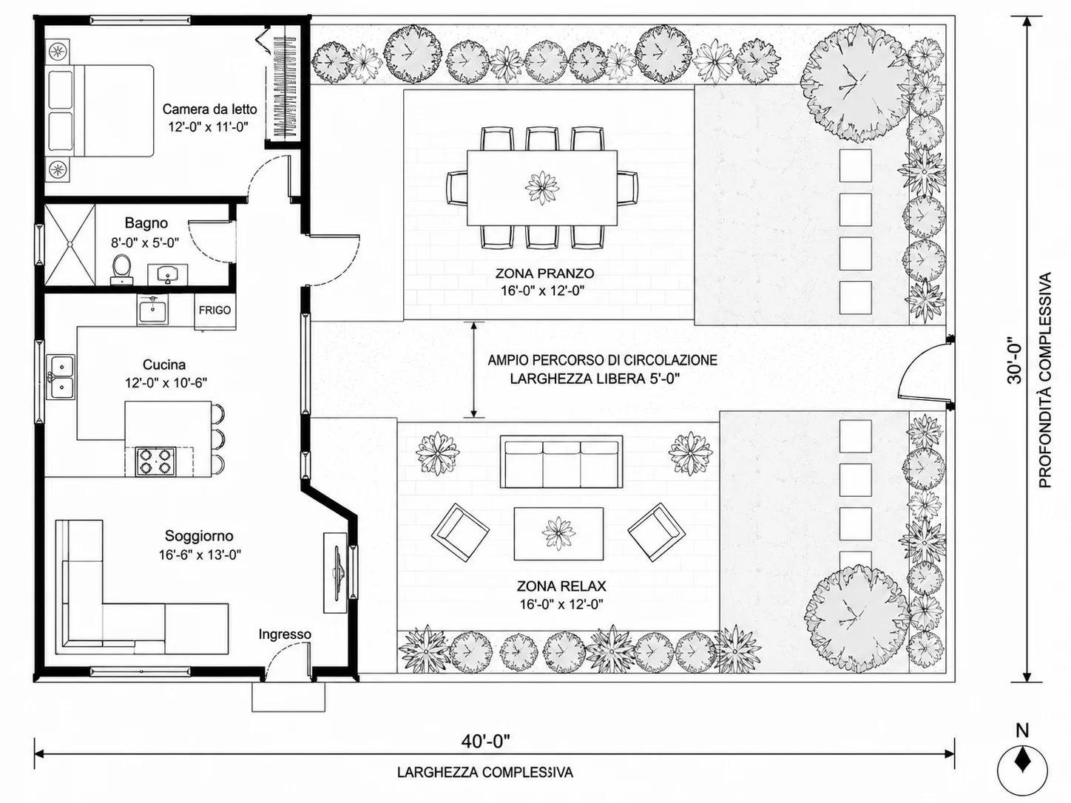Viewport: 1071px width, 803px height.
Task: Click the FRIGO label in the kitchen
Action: [214, 311]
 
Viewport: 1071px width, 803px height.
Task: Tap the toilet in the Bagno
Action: [121, 269]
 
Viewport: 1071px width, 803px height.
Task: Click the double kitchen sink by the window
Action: [61, 377]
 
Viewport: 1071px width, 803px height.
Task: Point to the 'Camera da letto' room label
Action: [210, 109]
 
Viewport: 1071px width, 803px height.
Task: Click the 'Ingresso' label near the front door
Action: [285, 634]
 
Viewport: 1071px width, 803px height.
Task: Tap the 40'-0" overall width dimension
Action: [486, 742]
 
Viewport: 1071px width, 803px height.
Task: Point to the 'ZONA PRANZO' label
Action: [544, 273]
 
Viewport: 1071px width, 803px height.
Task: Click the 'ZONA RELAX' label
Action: [561, 586]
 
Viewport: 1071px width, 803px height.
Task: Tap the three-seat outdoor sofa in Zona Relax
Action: [561, 462]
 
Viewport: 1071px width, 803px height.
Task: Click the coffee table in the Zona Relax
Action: [558, 534]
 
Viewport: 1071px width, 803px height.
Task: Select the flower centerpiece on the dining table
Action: [542, 188]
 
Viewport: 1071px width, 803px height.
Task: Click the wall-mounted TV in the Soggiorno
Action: [337, 572]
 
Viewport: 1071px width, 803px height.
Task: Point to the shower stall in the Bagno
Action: [70, 245]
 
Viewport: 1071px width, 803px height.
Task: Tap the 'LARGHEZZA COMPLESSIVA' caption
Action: [485, 772]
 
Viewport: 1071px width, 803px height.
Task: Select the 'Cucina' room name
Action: [164, 365]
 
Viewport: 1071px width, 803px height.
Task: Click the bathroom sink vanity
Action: [168, 274]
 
